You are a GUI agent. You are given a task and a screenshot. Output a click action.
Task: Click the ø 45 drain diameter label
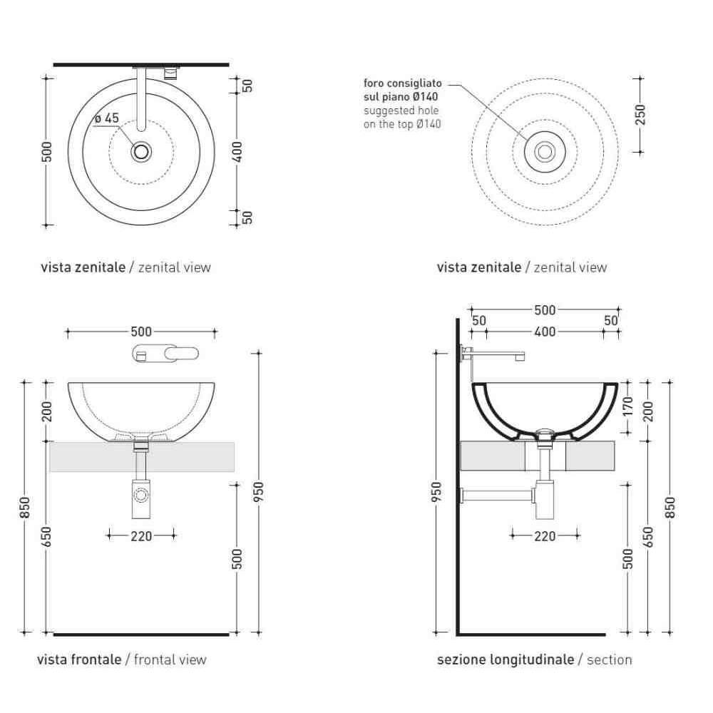[x=107, y=118]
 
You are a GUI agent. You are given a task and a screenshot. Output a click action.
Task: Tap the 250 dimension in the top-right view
[x=640, y=115]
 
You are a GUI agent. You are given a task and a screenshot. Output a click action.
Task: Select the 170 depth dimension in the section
[x=627, y=406]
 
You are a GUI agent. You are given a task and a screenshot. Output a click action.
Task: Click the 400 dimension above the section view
[x=545, y=332]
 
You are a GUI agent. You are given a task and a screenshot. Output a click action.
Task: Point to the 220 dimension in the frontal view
[x=141, y=536]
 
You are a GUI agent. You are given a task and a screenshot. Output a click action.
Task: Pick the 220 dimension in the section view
[x=545, y=536]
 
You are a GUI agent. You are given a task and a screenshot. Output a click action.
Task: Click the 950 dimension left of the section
[x=436, y=493]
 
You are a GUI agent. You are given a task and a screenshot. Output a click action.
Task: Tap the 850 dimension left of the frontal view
[x=25, y=508]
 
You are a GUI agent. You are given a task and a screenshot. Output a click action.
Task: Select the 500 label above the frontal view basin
[x=141, y=332]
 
